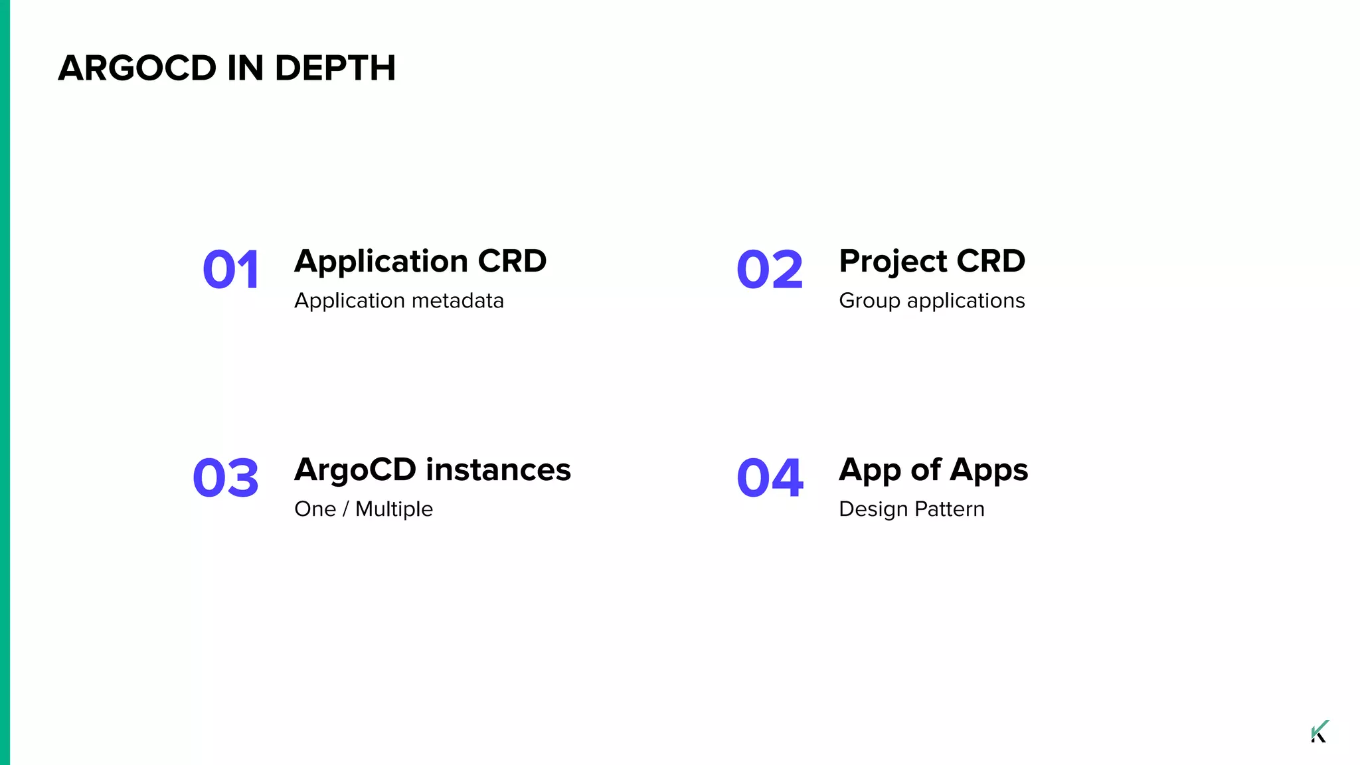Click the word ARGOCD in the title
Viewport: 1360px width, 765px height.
[137, 68]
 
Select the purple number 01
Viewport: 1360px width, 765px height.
[231, 270]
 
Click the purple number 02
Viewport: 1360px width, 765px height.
[770, 270]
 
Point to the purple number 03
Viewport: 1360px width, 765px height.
[226, 478]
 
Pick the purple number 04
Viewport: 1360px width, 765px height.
[770, 478]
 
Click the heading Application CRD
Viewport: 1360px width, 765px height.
[420, 261]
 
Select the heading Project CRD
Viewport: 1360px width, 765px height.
[932, 261]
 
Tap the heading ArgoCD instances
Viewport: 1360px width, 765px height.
[432, 469]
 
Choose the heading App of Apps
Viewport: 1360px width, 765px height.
[933, 469]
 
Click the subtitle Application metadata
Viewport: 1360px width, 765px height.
[399, 301]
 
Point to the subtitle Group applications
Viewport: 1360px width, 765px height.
[932, 301]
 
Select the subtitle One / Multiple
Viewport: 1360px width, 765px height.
[363, 509]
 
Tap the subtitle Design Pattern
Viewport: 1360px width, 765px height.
[911, 509]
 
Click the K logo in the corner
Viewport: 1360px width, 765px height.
[1319, 731]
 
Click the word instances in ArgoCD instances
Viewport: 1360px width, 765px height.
[498, 469]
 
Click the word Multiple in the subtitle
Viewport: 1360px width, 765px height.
[394, 509]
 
